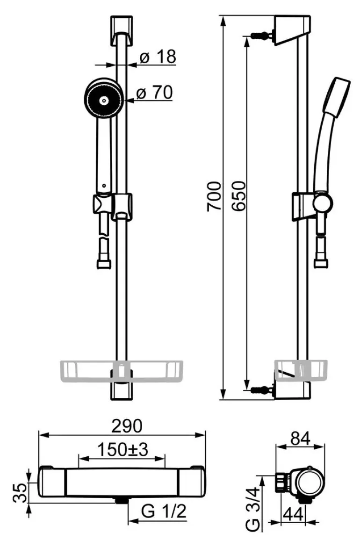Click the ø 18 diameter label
pos(158,57)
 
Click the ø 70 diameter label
pos(155,92)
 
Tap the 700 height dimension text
pos(214,196)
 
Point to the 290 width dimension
pos(127,426)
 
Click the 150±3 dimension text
pos(122,449)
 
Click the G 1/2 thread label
pos(164,511)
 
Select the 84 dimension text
pos(300,439)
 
